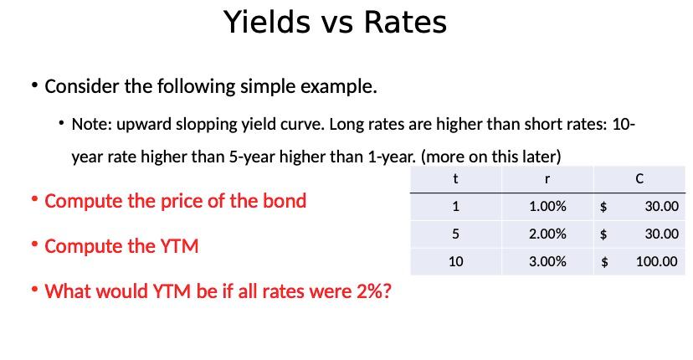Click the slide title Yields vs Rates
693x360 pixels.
click(335, 23)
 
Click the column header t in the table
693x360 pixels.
click(454, 177)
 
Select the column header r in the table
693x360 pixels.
click(547, 177)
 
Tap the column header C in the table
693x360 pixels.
click(639, 177)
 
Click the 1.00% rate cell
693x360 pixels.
click(547, 206)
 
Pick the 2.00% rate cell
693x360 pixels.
click(547, 234)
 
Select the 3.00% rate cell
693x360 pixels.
click(547, 261)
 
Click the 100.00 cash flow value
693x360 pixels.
click(656, 261)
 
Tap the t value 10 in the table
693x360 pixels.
click(455, 261)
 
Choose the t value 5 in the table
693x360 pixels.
click(455, 234)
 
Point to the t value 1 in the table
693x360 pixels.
click(455, 206)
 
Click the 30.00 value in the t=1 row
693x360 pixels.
click(661, 206)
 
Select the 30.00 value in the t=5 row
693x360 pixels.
click(661, 234)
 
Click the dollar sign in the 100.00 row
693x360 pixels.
click(605, 261)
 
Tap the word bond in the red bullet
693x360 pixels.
click(286, 201)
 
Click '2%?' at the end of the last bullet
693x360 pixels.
click(374, 291)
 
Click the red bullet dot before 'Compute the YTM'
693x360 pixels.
click(34, 244)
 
